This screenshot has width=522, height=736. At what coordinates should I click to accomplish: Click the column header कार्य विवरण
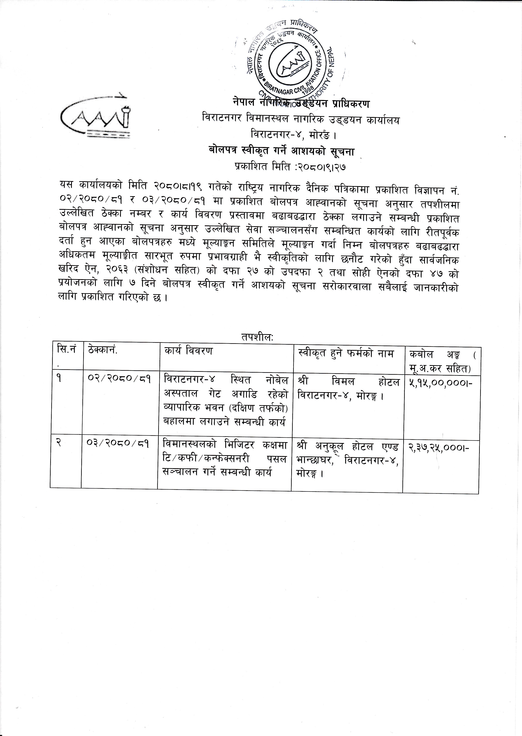click(188, 351)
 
